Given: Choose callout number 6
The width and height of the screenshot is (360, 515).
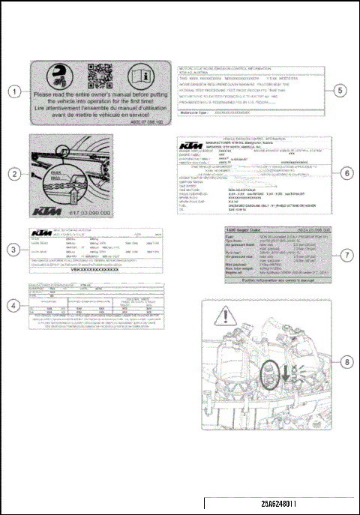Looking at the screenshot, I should [346, 173].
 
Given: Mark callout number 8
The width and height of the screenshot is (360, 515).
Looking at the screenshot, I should [346, 361].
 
